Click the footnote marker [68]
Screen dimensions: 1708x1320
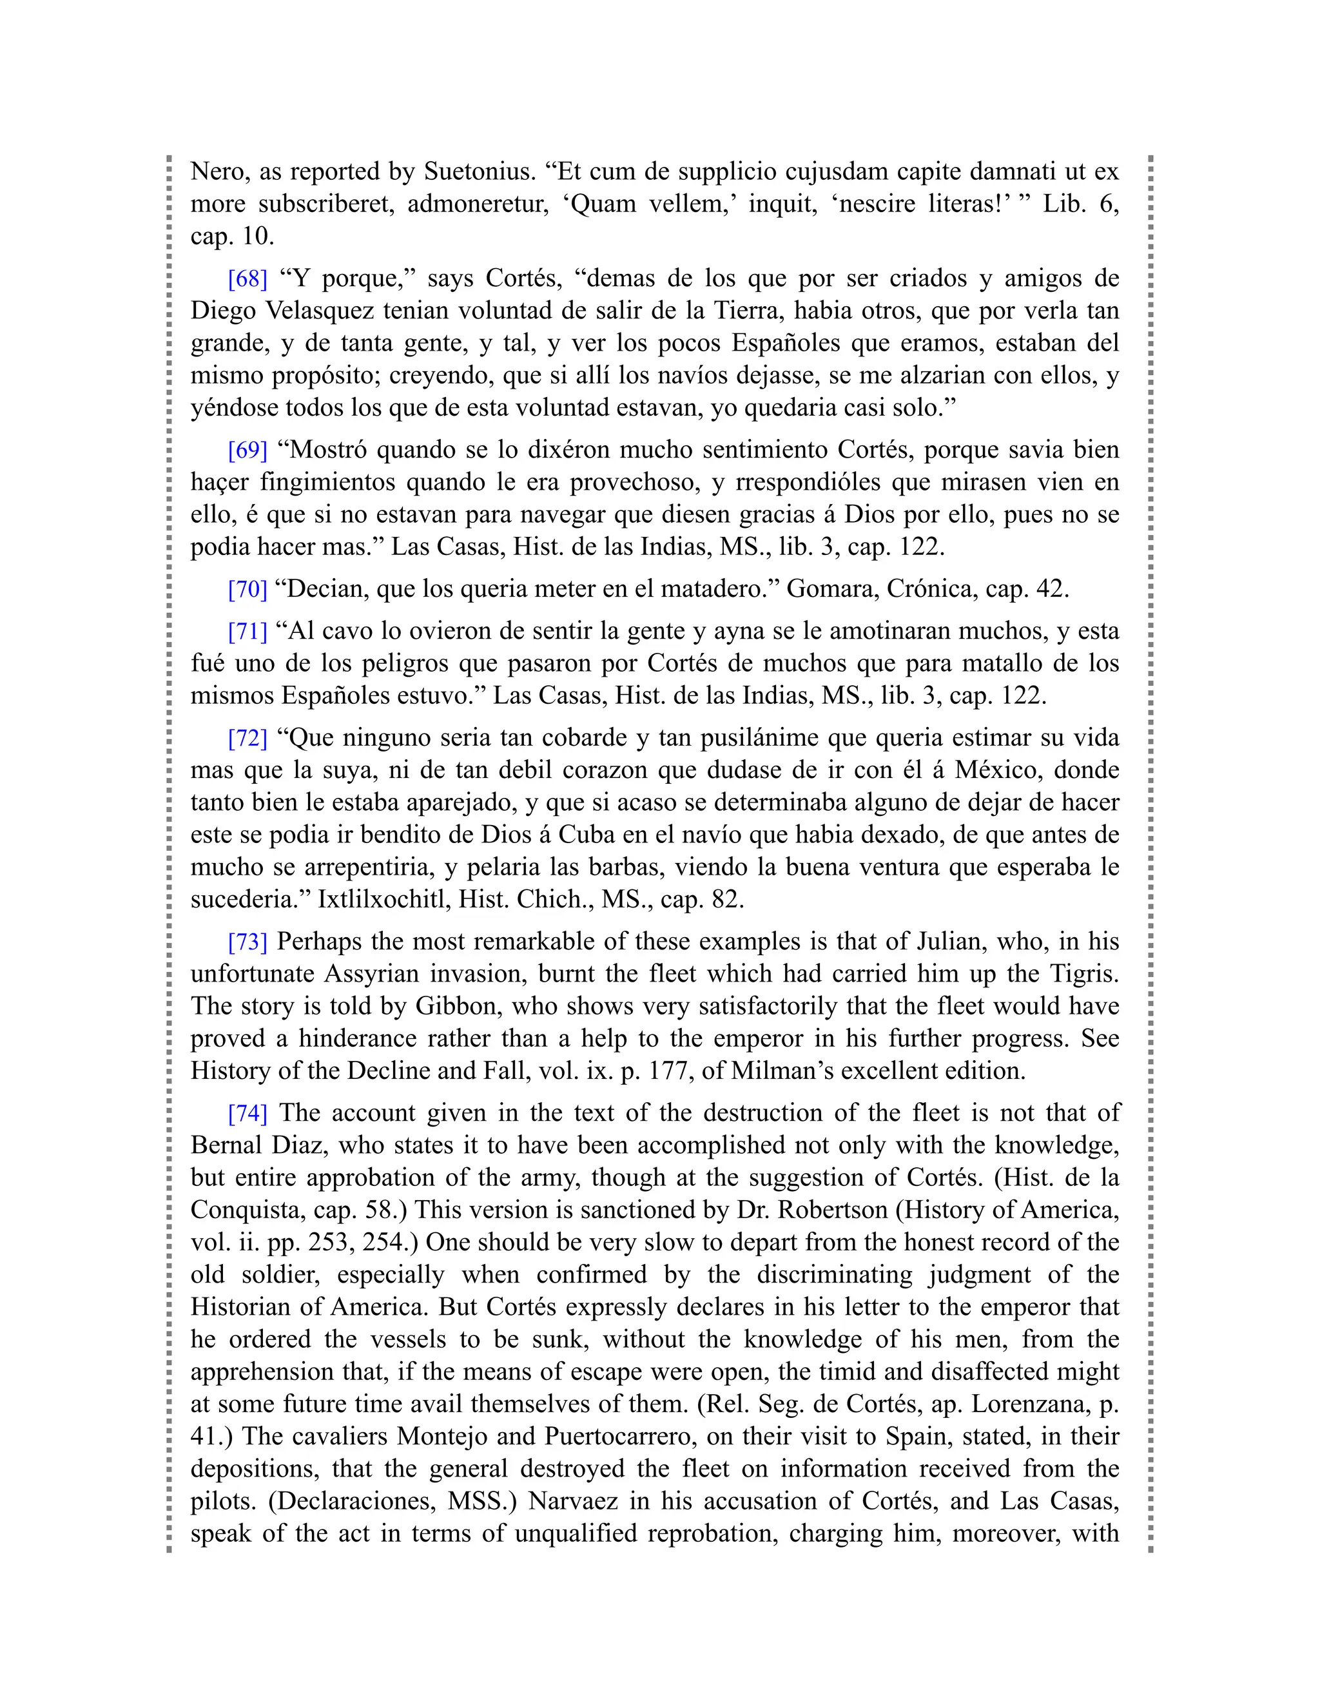pyautogui.click(x=247, y=278)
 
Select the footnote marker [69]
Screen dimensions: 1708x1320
pyautogui.click(x=247, y=450)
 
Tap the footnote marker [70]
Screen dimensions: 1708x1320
pyautogui.click(x=247, y=589)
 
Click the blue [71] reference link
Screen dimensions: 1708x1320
pyautogui.click(x=247, y=631)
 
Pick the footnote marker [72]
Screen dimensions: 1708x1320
pyautogui.click(x=247, y=737)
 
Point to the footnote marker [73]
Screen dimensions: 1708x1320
pyautogui.click(x=247, y=942)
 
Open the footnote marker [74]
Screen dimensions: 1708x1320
pyautogui.click(x=247, y=1113)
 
